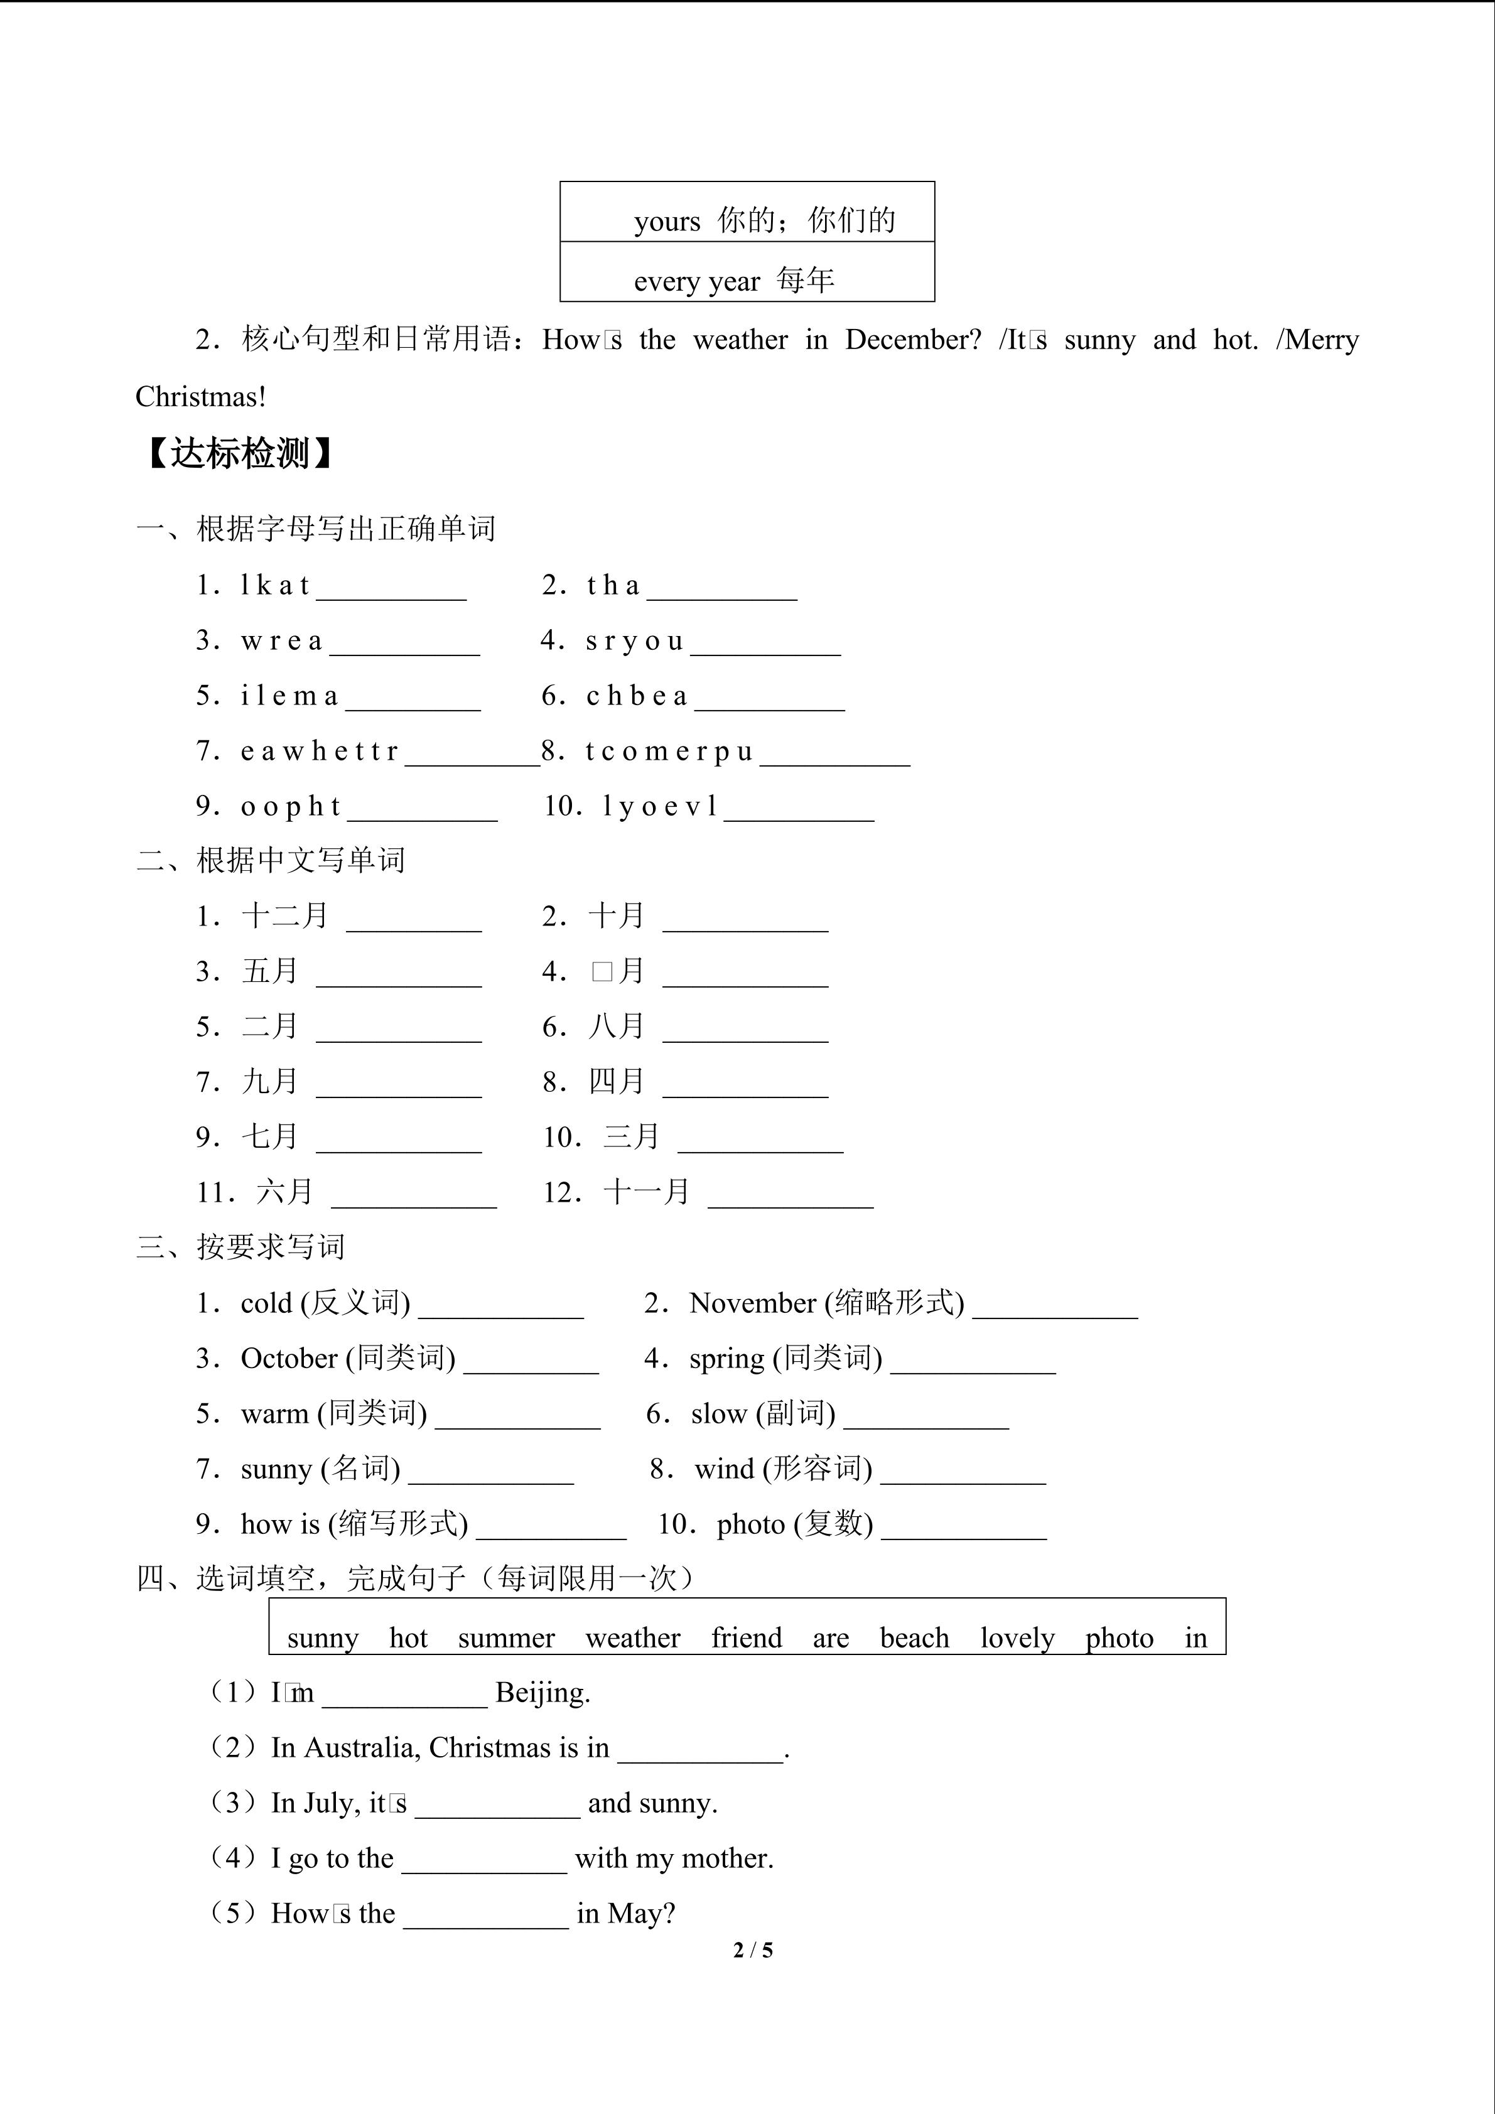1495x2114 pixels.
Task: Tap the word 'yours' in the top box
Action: (666, 221)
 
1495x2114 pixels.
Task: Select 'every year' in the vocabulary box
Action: (697, 281)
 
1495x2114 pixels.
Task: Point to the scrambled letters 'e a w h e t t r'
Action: (320, 752)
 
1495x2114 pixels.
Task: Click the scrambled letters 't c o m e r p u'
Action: (669, 752)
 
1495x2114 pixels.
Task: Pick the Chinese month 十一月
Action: (646, 1192)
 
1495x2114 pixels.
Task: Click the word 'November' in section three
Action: (752, 1303)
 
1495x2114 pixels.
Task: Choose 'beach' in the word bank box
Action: (914, 1638)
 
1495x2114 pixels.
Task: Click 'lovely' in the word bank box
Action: (1017, 1638)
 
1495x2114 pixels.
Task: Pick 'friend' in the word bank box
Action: (747, 1638)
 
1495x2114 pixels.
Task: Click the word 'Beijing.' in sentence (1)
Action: (542, 1692)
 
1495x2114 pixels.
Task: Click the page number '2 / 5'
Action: (753, 1950)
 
